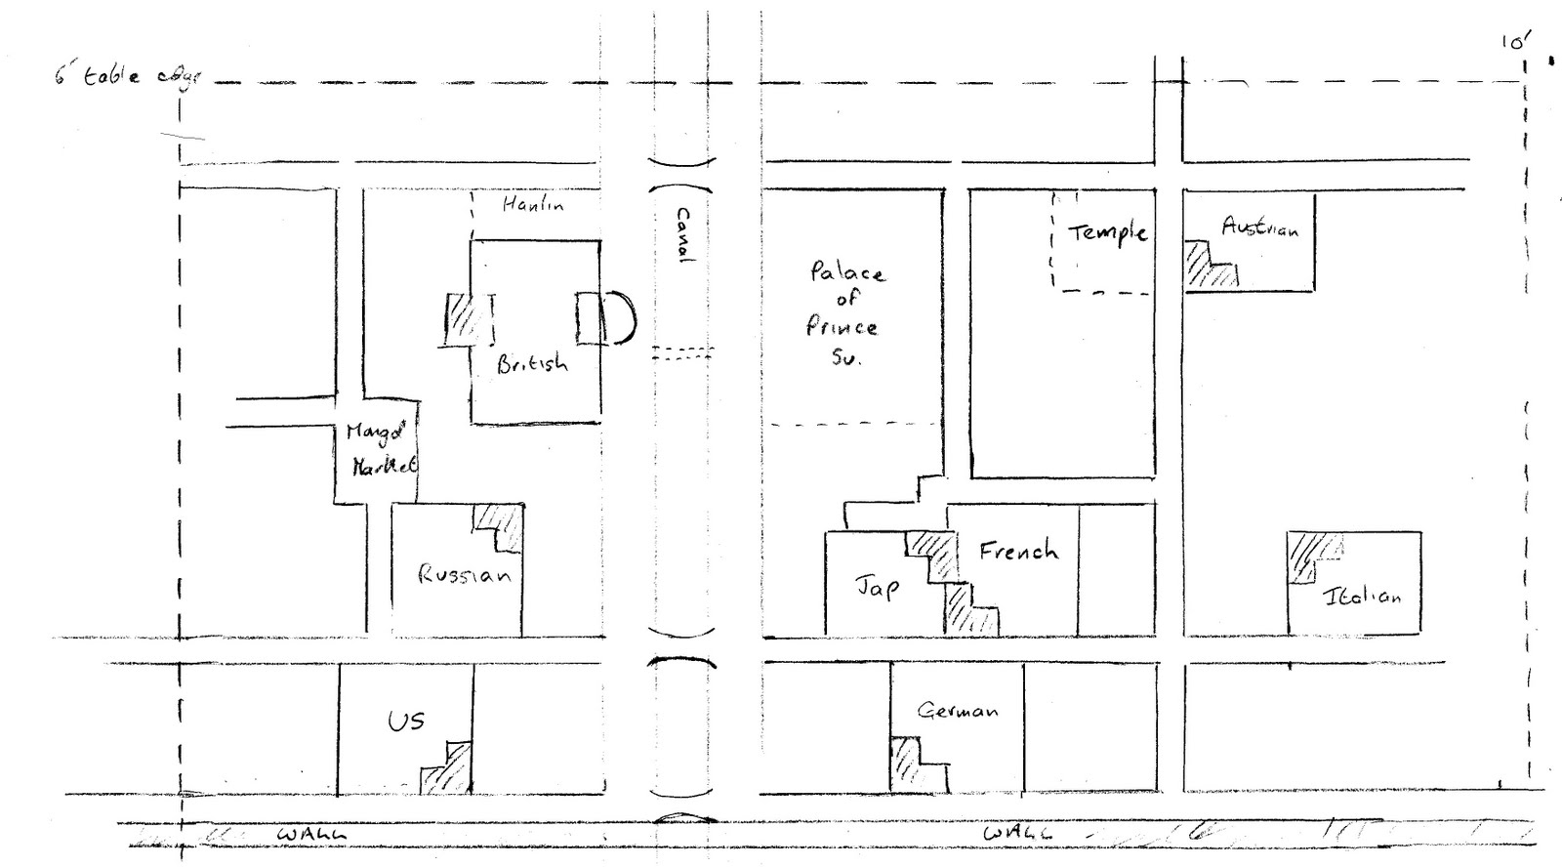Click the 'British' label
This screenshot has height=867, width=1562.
coord(531,364)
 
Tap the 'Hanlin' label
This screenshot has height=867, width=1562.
coord(532,205)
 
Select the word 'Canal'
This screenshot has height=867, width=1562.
coord(682,234)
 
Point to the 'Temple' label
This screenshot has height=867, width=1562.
coord(1107,232)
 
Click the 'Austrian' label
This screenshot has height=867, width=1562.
coord(1259,227)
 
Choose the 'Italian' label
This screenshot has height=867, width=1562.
coord(1362,595)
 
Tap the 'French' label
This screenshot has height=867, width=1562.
coord(1018,551)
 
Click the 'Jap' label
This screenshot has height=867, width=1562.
coord(877,586)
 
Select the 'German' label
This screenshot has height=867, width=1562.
coord(957,710)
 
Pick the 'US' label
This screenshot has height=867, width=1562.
coord(405,722)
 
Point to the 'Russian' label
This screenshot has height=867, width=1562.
coord(464,574)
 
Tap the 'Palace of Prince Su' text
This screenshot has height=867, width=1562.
coord(844,312)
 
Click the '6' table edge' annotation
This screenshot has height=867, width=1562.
coord(125,76)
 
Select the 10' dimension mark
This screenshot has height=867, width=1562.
coord(1515,41)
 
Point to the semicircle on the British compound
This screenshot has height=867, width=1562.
coord(621,318)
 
